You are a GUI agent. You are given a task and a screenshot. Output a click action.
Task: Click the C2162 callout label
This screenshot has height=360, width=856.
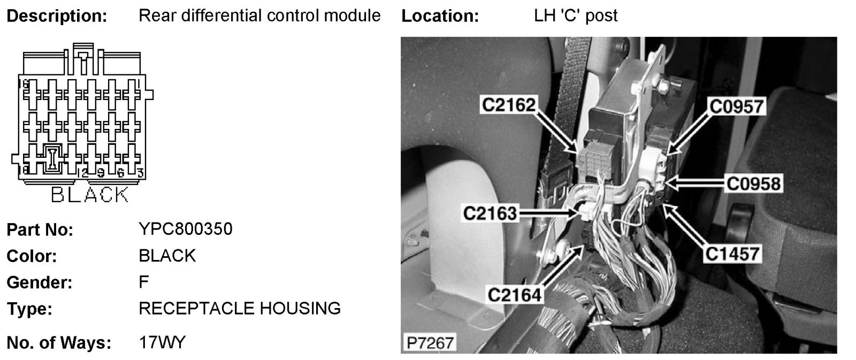point(508,104)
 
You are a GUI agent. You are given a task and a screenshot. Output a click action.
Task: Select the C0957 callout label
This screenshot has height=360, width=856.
point(736,106)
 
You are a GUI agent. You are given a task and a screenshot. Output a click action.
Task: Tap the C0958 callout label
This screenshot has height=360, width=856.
point(753,183)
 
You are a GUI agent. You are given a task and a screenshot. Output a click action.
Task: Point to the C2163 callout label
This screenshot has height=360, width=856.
point(490,213)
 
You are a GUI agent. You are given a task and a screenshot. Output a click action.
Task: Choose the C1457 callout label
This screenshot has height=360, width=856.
point(732,253)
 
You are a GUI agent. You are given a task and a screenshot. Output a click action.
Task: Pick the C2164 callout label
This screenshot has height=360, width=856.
point(514,294)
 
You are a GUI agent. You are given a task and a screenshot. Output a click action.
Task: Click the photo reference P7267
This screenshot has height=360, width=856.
point(429,342)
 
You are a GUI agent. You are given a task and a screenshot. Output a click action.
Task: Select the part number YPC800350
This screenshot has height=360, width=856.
point(185,229)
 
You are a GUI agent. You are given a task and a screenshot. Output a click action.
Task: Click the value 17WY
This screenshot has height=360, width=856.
point(162,342)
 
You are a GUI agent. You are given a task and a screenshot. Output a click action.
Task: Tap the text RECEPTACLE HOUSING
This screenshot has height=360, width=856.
point(239,309)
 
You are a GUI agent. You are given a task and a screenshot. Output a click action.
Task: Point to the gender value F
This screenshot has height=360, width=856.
point(143,282)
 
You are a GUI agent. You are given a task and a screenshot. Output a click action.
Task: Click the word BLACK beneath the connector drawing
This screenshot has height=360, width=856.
point(90,195)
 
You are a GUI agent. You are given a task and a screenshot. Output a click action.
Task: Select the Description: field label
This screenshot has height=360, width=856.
point(57,16)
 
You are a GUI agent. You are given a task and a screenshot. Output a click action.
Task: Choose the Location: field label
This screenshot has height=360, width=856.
point(440,16)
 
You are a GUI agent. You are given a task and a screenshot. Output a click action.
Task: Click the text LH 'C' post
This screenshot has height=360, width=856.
point(576,16)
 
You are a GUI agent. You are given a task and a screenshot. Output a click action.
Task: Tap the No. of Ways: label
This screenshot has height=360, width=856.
point(58,343)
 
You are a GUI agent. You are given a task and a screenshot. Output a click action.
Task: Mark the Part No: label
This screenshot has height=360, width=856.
point(40,230)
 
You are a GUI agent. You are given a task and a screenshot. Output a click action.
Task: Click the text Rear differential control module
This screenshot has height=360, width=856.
point(259,16)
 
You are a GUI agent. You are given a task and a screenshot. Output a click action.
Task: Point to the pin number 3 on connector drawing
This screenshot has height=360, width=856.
point(140,173)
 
